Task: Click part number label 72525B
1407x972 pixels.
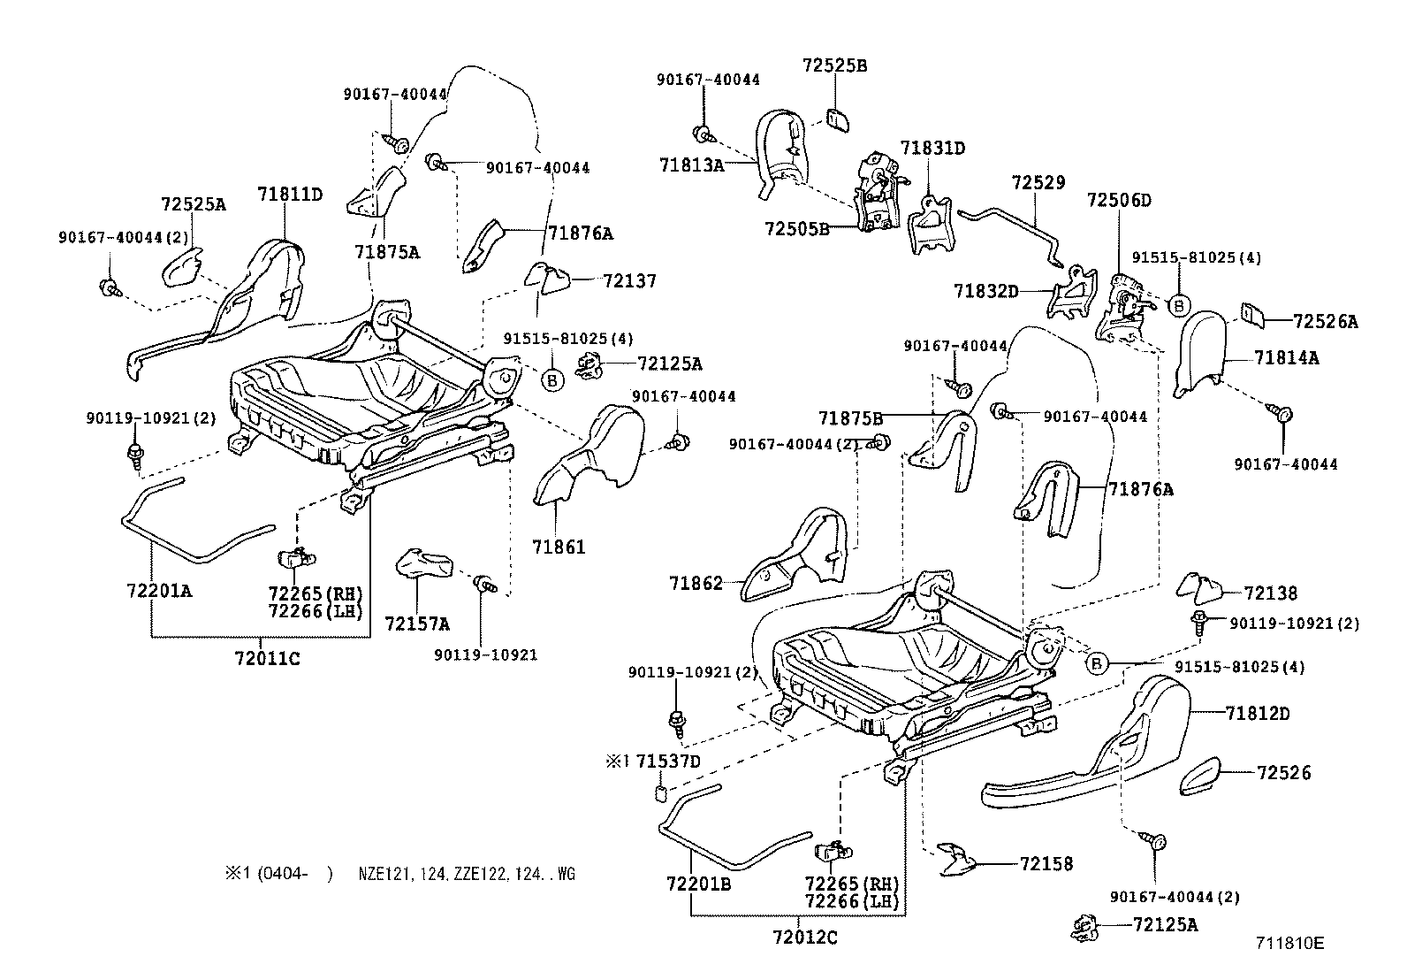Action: coord(834,65)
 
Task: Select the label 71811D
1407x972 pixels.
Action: coord(290,194)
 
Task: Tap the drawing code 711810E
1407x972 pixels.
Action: coord(1289,943)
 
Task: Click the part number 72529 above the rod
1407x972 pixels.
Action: coord(1038,183)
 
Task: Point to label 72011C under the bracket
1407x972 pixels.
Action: coord(267,659)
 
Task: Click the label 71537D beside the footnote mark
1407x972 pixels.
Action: coord(668,761)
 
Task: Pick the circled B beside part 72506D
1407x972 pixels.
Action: coord(1178,305)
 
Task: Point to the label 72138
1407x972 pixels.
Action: coord(1270,593)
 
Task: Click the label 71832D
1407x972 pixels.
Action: coord(985,291)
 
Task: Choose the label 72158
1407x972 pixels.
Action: coord(1046,863)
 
